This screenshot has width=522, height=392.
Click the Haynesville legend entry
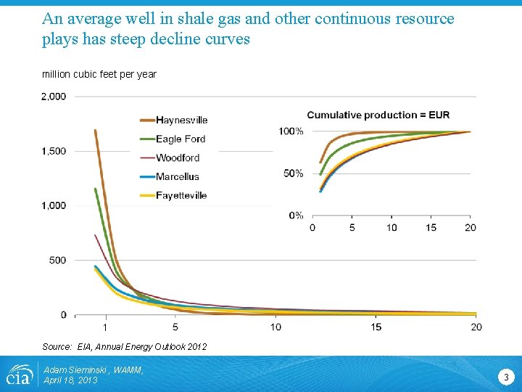click(x=181, y=121)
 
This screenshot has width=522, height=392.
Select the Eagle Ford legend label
click(x=181, y=139)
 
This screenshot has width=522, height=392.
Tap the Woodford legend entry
click(x=177, y=158)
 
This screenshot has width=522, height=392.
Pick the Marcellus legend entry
click(x=177, y=176)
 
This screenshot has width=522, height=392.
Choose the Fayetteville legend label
click(x=181, y=195)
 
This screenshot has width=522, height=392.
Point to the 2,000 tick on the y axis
click(x=54, y=96)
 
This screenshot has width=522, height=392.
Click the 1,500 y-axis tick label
click(x=54, y=151)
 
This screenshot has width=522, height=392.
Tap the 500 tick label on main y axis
click(x=58, y=260)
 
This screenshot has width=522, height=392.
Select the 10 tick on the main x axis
click(x=275, y=327)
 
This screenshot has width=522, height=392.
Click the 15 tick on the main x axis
click(x=376, y=327)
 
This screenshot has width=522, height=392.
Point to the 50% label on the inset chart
click(x=293, y=173)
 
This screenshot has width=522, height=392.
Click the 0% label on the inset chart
click(x=295, y=215)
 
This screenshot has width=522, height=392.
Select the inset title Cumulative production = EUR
click(x=378, y=115)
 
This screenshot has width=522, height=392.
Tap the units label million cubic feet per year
click(x=99, y=74)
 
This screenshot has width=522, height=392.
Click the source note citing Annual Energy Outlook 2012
click(x=124, y=347)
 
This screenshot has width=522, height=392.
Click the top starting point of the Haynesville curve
click(x=96, y=131)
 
